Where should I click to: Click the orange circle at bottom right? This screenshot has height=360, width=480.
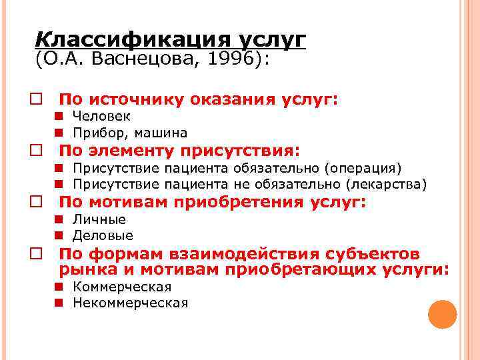coord(442,314)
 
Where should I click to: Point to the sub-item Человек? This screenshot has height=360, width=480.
coord(101,117)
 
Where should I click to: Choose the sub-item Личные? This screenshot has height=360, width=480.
coord(99,219)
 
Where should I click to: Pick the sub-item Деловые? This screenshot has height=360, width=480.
coord(103,235)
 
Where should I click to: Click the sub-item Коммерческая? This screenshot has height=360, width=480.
coord(122,287)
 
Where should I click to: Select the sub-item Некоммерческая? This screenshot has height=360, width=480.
coord(130,303)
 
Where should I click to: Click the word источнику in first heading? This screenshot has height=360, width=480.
coord(134,100)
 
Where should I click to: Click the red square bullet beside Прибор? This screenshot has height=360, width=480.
coord(59,133)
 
